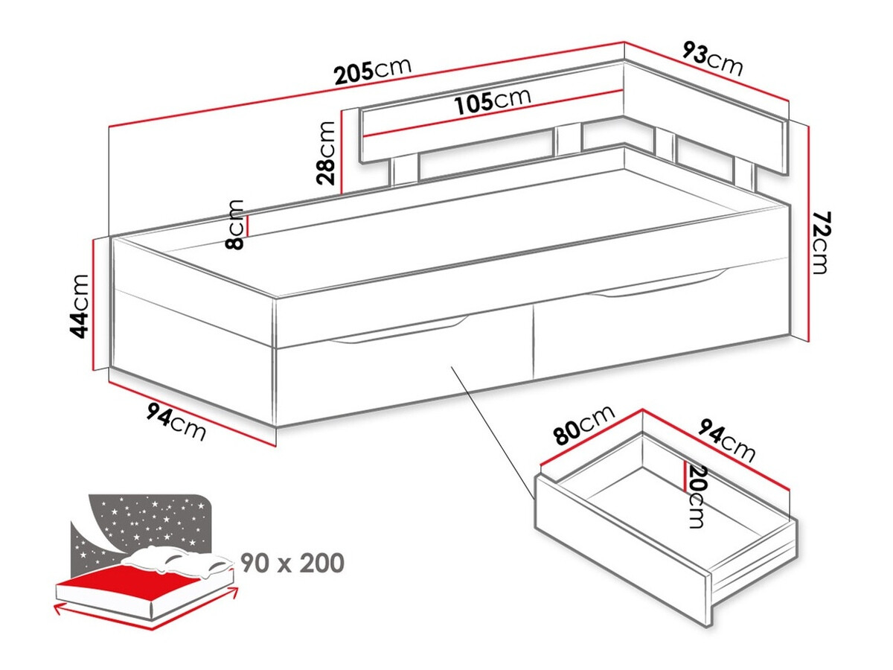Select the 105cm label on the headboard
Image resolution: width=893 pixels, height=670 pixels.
coord(493,100)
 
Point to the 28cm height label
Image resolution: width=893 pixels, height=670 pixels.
coord(325,153)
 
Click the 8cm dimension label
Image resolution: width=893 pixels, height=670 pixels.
coord(235,224)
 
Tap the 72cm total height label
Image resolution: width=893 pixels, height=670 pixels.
coord(819,243)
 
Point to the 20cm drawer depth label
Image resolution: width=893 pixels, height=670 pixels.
coord(697,495)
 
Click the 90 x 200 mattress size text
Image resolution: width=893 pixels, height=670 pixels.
coord(292,564)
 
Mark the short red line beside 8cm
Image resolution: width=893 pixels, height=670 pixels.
coord(248,223)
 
